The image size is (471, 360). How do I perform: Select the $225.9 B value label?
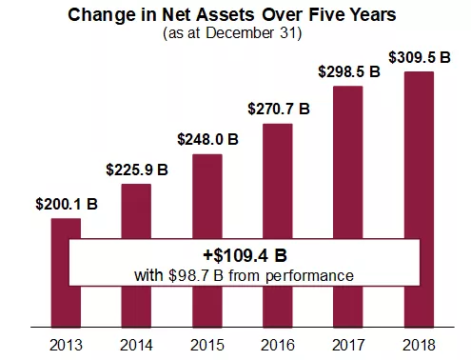[x=136, y=170]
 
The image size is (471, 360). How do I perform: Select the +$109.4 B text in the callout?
[x=244, y=256]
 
